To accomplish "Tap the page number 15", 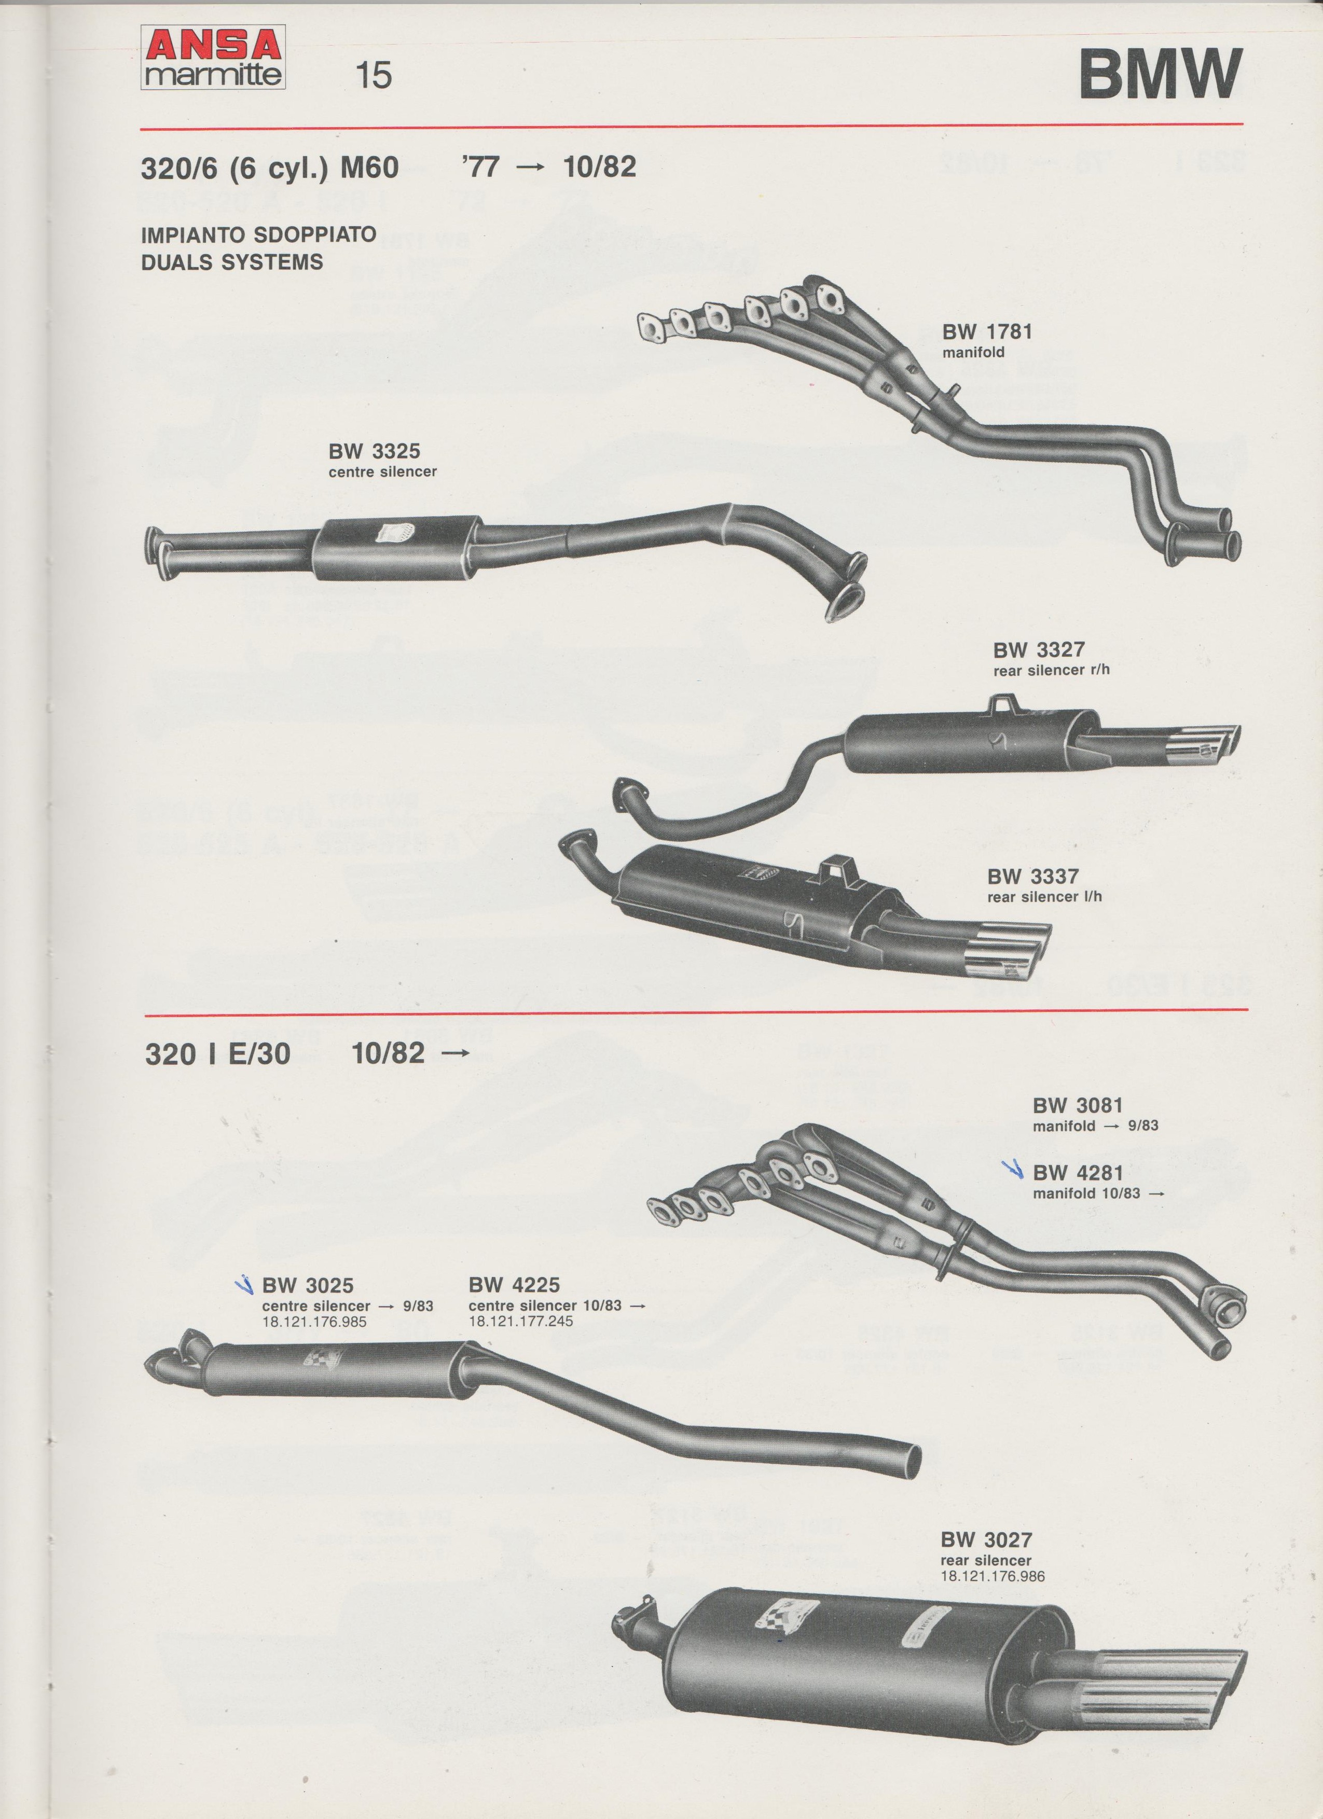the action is [x=374, y=75].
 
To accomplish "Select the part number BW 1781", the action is [x=987, y=331].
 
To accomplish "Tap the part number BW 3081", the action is [x=1078, y=1105].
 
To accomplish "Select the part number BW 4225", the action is [x=514, y=1285].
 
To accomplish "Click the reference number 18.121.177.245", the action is [x=521, y=1321].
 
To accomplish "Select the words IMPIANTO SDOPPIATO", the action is [x=259, y=235].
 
